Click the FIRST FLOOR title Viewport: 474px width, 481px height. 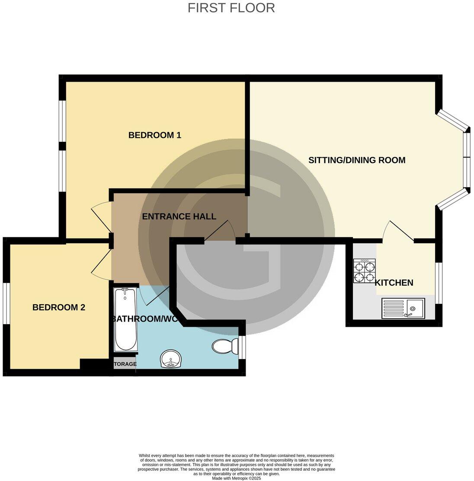point(231,8)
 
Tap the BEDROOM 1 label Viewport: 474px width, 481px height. point(155,135)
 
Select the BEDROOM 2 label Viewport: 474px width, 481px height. point(59,308)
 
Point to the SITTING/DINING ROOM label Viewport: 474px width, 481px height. point(357,160)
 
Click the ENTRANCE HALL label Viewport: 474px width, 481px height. point(179,217)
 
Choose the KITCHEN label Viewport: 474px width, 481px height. point(394,283)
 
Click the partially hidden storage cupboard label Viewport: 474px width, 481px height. point(125,364)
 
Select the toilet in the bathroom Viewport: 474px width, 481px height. point(225,346)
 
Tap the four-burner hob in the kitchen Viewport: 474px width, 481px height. point(365,271)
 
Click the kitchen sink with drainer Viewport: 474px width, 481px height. point(403,309)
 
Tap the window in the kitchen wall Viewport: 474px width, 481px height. point(439,283)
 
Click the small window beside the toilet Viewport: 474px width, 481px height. point(242,347)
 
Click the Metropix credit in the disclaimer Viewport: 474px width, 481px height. point(237,478)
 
